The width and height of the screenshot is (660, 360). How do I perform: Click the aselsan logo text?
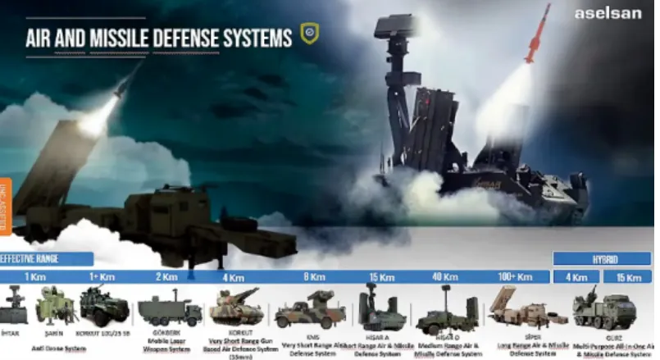[612, 13]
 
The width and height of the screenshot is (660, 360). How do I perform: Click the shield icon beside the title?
[309, 34]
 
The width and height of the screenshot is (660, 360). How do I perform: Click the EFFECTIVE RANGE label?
[33, 258]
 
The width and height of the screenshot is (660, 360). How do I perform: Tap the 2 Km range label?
[166, 277]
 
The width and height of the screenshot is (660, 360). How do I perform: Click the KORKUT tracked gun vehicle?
[236, 308]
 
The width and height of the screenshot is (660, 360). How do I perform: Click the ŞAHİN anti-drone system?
[56, 306]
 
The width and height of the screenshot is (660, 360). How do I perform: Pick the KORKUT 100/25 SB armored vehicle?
[104, 307]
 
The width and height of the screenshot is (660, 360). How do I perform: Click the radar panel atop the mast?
[393, 28]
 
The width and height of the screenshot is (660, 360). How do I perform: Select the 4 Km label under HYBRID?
[576, 277]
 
